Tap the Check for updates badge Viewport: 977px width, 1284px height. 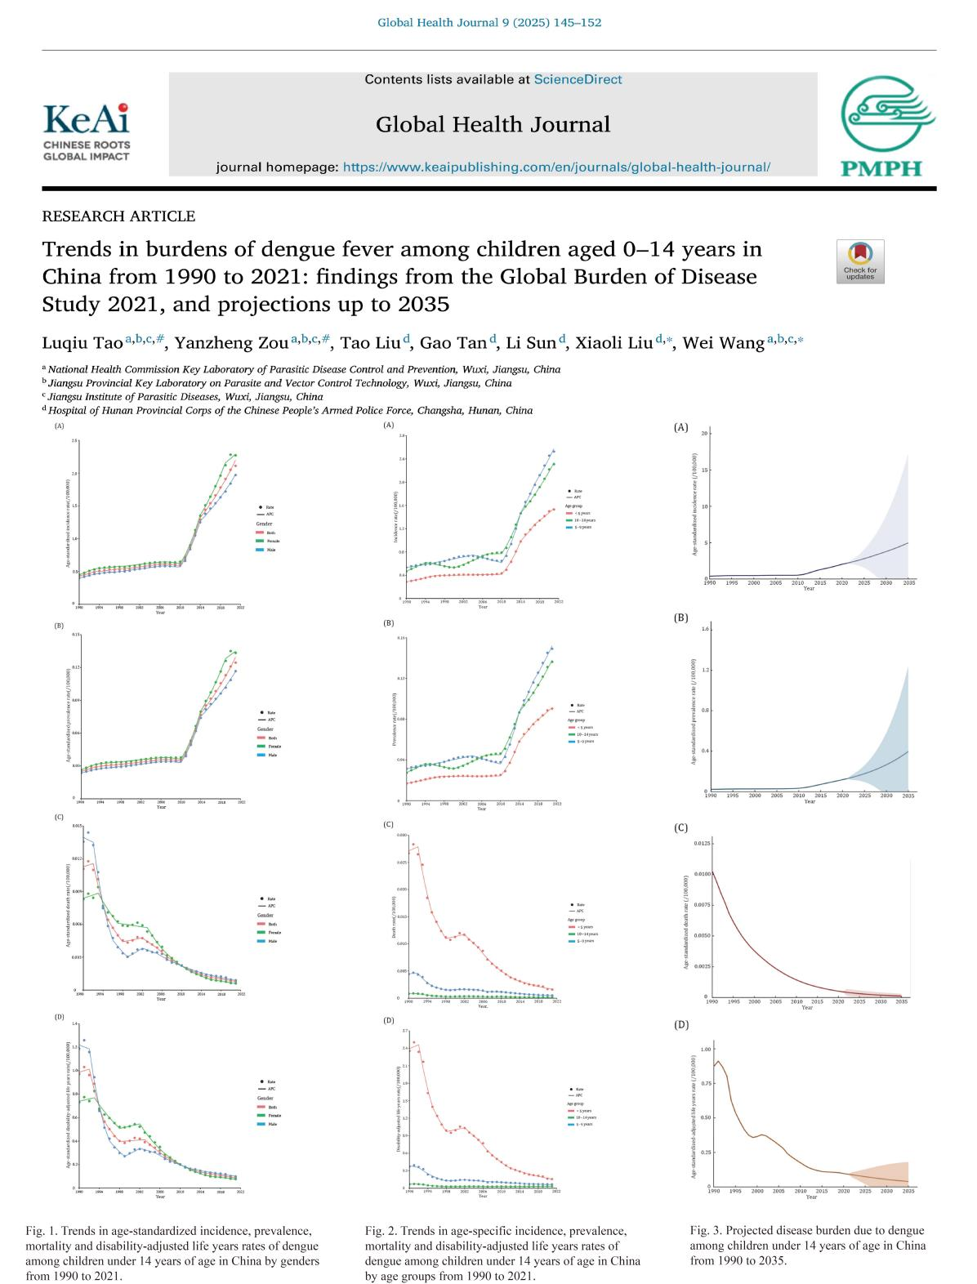point(859,261)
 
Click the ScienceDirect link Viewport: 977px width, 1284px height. point(578,79)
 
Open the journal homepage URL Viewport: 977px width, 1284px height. point(556,167)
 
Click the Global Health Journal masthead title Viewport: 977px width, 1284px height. point(493,124)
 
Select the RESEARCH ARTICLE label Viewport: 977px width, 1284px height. point(118,216)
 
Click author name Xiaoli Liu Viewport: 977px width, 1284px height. point(613,343)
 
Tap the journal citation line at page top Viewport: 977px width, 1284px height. point(488,22)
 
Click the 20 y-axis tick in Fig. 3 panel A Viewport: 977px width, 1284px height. point(703,433)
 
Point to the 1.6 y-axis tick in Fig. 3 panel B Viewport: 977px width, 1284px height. point(705,630)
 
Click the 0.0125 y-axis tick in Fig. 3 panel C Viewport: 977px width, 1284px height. point(699,843)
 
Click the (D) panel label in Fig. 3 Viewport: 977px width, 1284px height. point(681,1024)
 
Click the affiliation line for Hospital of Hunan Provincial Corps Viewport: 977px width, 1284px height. point(290,411)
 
